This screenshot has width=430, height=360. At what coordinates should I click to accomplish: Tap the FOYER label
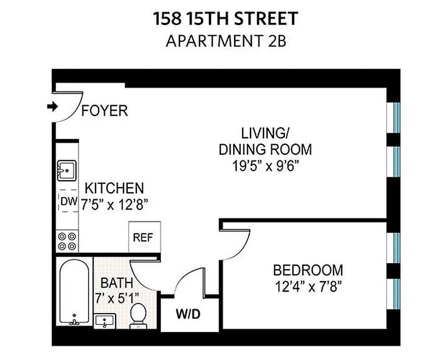[104, 111]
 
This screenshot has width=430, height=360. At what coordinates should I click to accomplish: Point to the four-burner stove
[67, 241]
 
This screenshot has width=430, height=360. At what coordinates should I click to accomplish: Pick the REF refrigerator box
[144, 237]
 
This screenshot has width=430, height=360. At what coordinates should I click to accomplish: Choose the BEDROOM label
[308, 270]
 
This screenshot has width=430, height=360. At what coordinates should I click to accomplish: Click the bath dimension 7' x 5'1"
[117, 298]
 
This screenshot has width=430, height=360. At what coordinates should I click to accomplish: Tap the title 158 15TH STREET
[226, 19]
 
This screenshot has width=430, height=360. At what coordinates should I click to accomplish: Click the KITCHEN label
[114, 188]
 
